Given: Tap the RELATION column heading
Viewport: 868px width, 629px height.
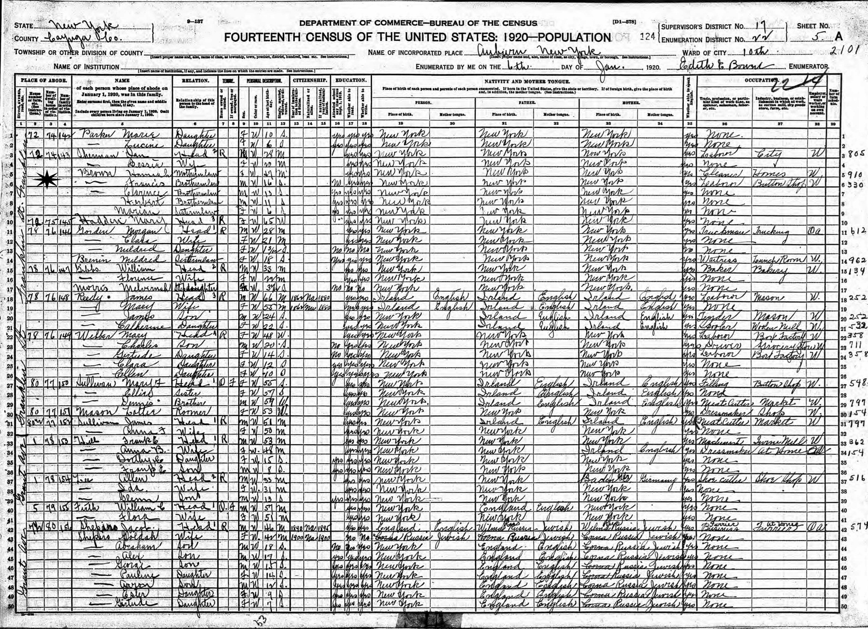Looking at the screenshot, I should tap(195, 81).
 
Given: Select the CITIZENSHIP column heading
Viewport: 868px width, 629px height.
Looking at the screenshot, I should tap(310, 81).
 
